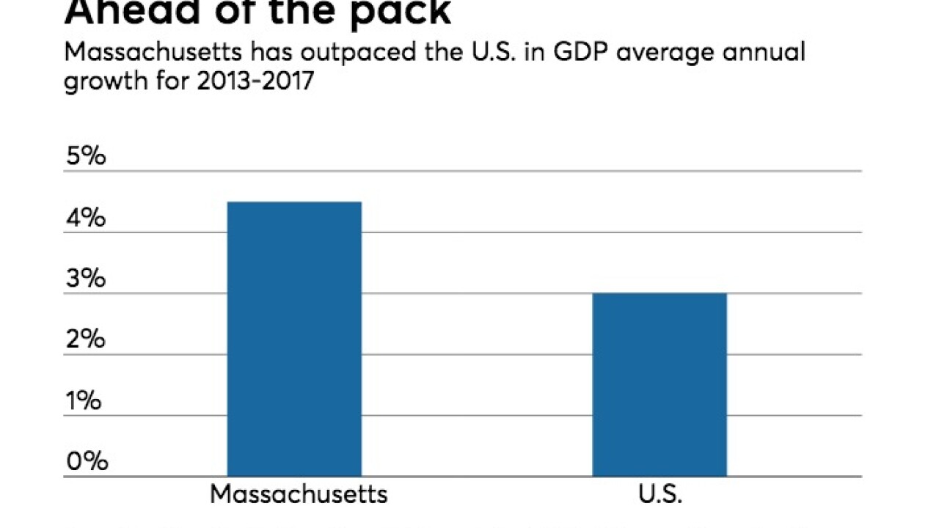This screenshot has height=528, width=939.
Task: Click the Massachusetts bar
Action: (294, 339)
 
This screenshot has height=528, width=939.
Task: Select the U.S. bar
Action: (660, 385)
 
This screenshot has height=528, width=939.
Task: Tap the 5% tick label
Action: (87, 157)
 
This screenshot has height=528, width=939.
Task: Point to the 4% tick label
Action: (87, 218)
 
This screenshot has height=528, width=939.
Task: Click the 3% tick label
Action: (87, 279)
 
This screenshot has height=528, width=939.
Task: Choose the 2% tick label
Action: (87, 340)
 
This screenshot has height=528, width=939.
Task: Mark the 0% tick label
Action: (87, 461)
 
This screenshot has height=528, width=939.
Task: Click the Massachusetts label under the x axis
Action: (299, 494)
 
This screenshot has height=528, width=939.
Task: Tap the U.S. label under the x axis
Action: (660, 494)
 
